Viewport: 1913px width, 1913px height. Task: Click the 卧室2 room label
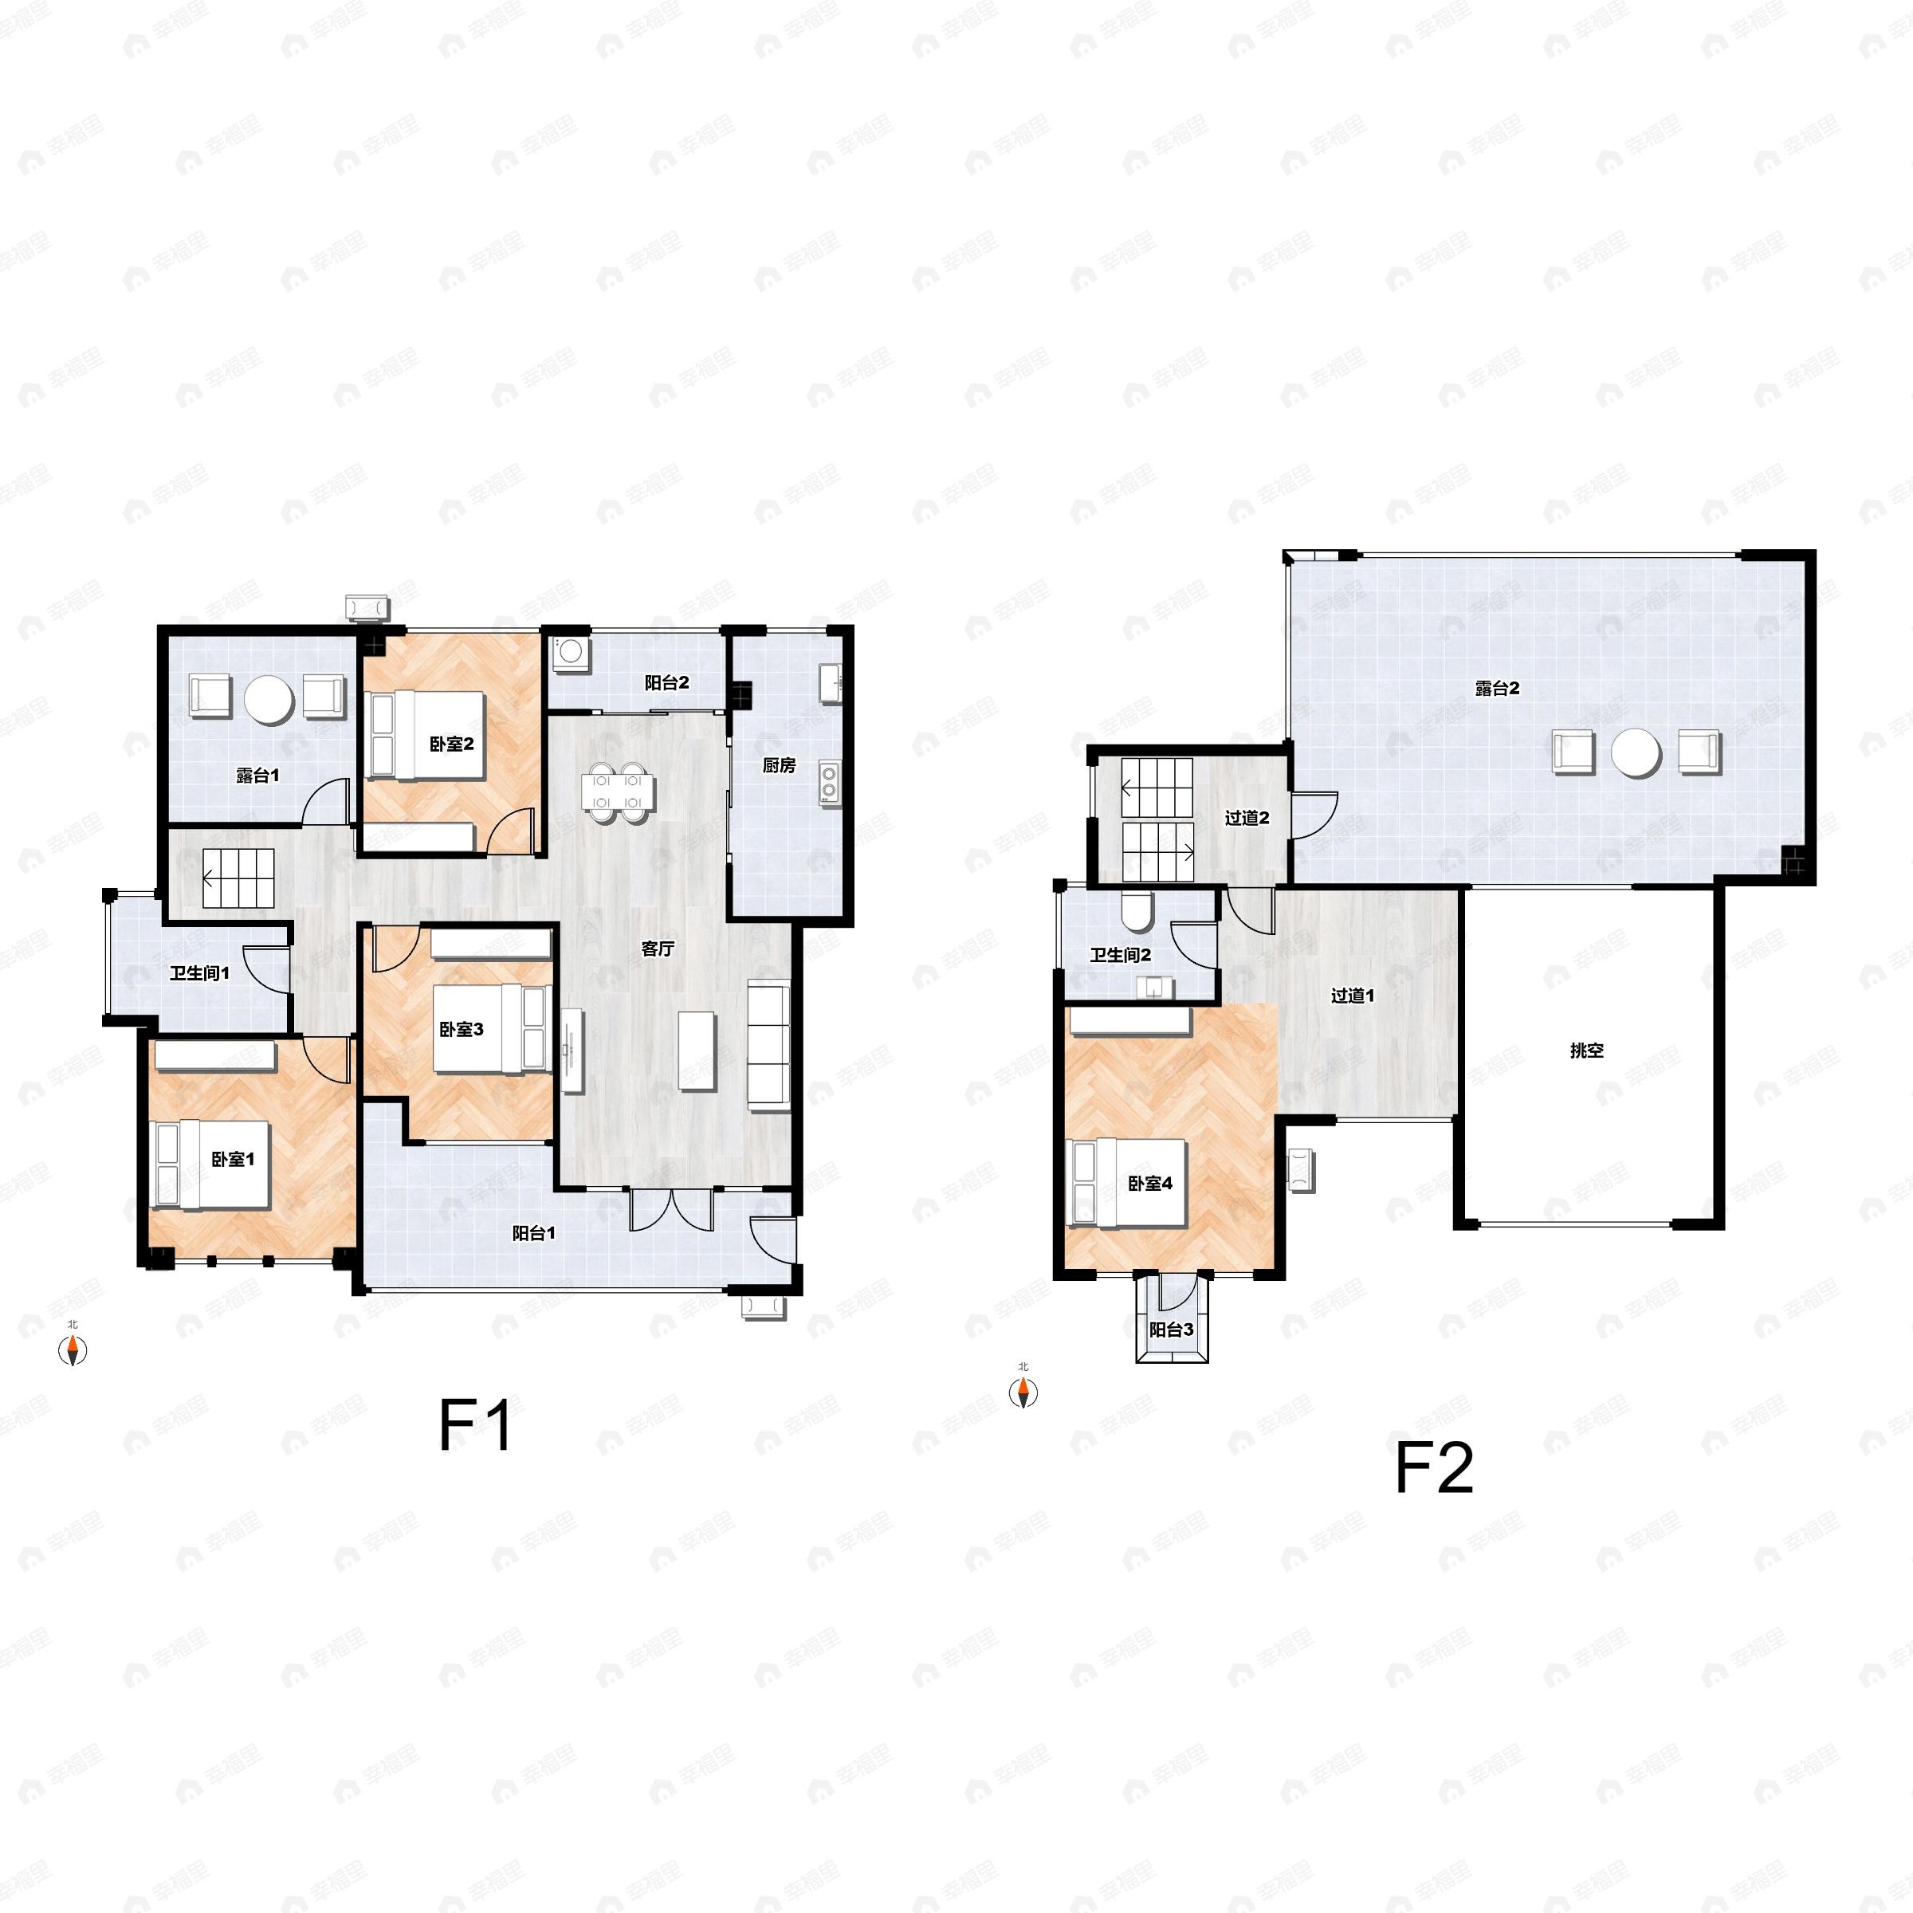pyautogui.click(x=451, y=744)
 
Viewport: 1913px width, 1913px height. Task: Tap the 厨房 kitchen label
pyautogui.click(x=780, y=765)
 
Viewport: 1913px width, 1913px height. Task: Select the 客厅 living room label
pyautogui.click(x=658, y=949)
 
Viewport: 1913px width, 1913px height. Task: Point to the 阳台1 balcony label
pyautogui.click(x=534, y=1233)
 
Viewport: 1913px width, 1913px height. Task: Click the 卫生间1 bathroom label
pyautogui.click(x=199, y=973)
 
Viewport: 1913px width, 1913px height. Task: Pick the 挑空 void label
pyautogui.click(x=1586, y=1051)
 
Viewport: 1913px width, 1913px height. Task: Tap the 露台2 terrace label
pyautogui.click(x=1497, y=688)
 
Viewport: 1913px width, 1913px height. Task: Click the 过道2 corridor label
pyautogui.click(x=1247, y=817)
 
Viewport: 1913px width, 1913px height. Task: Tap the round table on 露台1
pyautogui.click(x=269, y=700)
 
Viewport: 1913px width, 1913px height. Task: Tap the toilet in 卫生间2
pyautogui.click(x=1136, y=912)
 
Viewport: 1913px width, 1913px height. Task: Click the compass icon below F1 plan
pyautogui.click(x=73, y=1349)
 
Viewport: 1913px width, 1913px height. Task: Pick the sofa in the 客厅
pyautogui.click(x=768, y=1046)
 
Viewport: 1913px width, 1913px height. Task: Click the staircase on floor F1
pyautogui.click(x=238, y=878)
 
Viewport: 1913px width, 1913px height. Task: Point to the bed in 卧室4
pyautogui.click(x=1125, y=1183)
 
